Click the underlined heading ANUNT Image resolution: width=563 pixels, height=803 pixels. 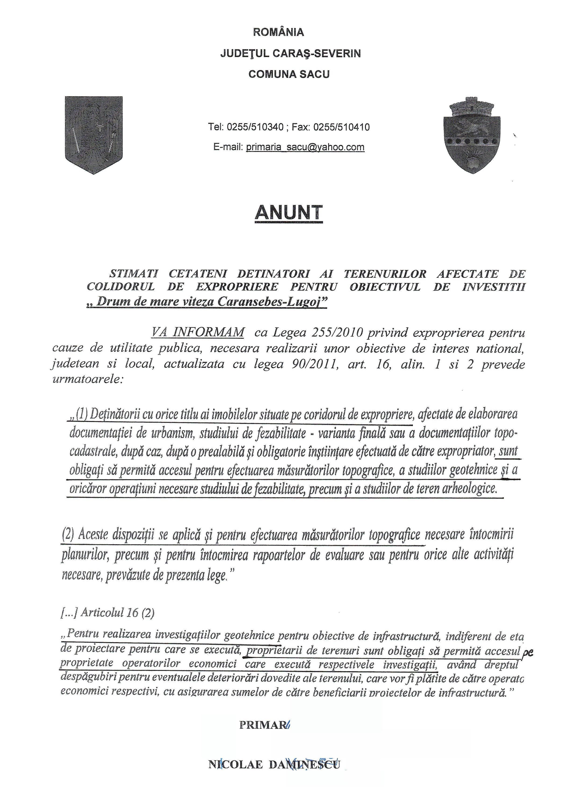[288, 212]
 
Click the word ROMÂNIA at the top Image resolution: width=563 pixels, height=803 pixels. [278, 32]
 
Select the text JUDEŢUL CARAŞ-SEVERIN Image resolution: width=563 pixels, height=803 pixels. [290, 54]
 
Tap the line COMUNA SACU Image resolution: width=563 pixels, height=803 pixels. [289, 74]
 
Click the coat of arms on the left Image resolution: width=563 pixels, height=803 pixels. [94, 135]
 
